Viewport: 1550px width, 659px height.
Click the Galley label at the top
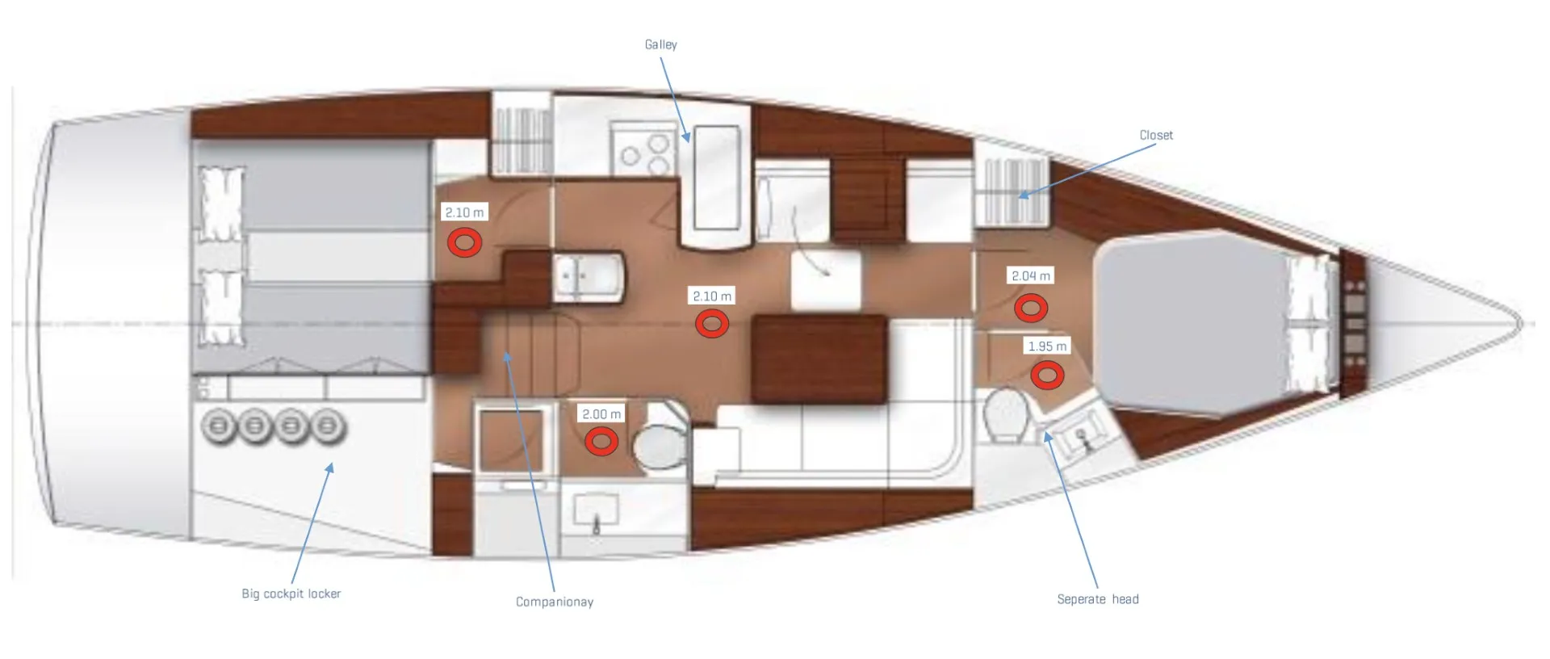(x=660, y=44)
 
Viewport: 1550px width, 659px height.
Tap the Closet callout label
(x=1156, y=135)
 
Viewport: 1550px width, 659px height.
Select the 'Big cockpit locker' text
(x=291, y=594)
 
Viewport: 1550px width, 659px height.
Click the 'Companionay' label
(x=555, y=602)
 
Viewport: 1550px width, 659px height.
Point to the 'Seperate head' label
(x=1098, y=599)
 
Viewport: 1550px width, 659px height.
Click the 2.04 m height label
(x=1031, y=276)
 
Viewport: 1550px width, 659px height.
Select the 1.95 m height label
(x=1047, y=346)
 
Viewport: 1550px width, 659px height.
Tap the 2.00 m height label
(x=601, y=414)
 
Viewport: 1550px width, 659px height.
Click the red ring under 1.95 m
(x=1047, y=375)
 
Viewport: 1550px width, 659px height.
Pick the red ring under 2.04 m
(x=1031, y=308)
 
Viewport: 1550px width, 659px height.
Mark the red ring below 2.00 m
(x=601, y=441)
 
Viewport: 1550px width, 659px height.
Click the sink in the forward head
(x=1082, y=436)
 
